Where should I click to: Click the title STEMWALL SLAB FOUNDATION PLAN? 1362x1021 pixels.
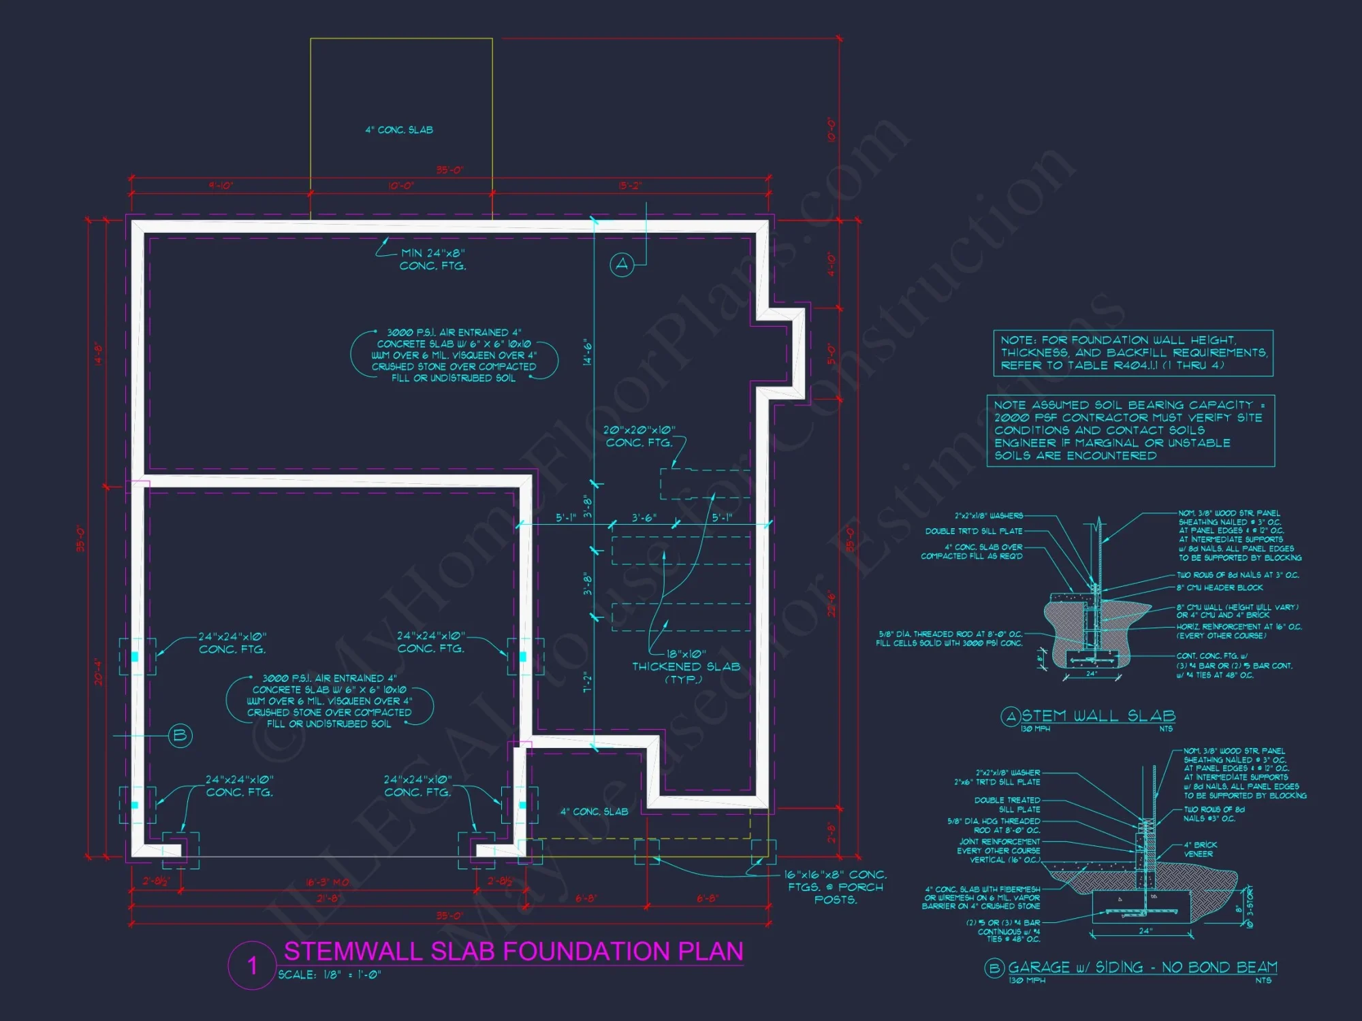tap(513, 951)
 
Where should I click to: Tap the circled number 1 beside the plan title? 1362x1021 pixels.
tap(252, 965)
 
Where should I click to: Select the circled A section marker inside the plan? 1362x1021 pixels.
tap(622, 265)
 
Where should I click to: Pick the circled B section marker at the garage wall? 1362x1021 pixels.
tap(180, 735)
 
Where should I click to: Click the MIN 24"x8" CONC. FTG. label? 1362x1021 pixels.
tap(433, 259)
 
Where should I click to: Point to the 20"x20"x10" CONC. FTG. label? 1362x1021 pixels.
tap(639, 436)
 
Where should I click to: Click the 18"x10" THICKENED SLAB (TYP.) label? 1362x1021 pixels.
tap(686, 666)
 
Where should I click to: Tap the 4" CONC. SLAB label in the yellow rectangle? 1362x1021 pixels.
tap(399, 130)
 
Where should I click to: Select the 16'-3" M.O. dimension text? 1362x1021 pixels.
tap(328, 882)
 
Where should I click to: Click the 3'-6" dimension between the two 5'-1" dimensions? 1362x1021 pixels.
tap(644, 518)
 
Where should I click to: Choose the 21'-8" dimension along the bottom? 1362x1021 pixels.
tap(328, 898)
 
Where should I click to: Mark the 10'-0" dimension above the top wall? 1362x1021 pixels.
tap(401, 186)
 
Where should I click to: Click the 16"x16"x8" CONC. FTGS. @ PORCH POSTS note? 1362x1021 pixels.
tap(836, 887)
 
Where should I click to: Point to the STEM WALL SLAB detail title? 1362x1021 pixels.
tap(1098, 715)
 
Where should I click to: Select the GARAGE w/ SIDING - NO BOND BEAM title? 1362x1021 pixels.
tap(1142, 967)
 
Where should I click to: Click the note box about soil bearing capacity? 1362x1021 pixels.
tap(1130, 431)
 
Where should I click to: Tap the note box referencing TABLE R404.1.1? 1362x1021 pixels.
tap(1133, 353)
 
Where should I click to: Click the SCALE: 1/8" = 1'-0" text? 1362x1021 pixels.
tap(330, 975)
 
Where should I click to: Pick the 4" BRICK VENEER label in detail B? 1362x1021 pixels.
tap(1200, 849)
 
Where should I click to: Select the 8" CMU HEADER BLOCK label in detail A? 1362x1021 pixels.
tap(1219, 587)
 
